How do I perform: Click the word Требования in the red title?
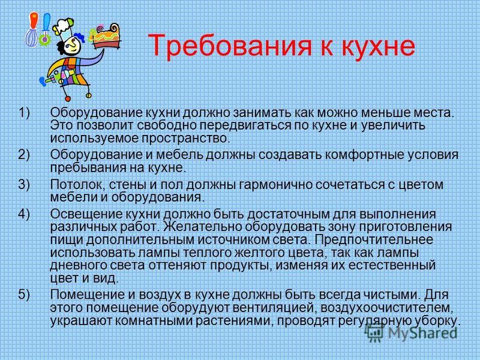pos(230,46)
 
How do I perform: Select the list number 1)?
pos(24,112)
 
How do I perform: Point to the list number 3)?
pos(24,185)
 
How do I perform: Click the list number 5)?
pos(24,294)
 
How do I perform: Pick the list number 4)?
pos(24,214)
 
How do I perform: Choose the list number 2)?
pos(24,154)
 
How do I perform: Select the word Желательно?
pos(202,227)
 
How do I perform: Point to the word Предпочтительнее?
pos(374,239)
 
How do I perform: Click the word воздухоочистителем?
pos(386,308)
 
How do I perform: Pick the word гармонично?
pos(275,185)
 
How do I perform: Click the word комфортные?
pos(364,155)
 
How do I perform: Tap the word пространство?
pos(185,139)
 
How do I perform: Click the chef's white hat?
pos(64,29)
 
